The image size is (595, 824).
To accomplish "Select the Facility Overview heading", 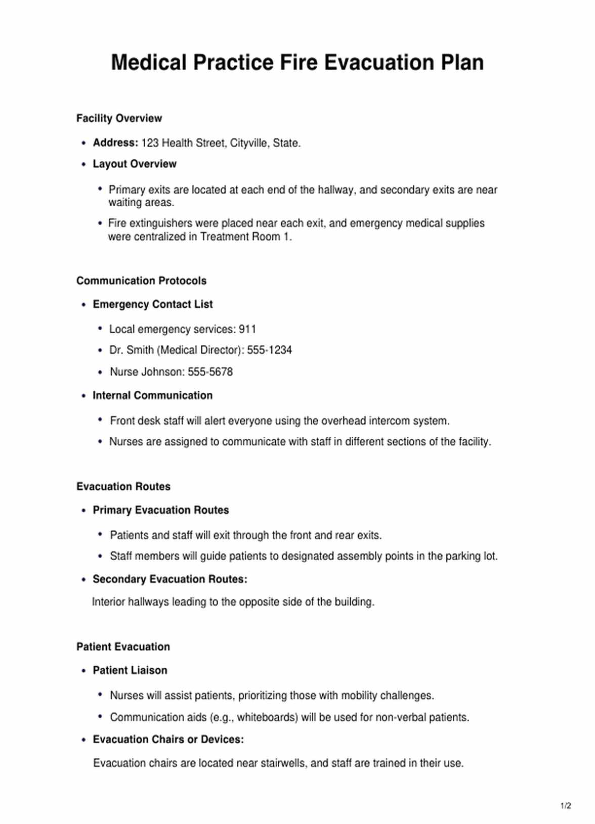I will [x=119, y=118].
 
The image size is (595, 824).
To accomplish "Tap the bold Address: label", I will [x=115, y=143].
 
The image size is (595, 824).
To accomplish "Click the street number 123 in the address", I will [x=150, y=143].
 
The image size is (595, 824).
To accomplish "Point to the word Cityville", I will [x=249, y=143].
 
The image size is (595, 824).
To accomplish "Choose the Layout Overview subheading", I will [x=135, y=164].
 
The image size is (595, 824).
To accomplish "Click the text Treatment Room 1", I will [x=246, y=237].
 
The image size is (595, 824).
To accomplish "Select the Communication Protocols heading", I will [x=142, y=281].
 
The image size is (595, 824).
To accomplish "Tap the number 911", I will [x=247, y=329].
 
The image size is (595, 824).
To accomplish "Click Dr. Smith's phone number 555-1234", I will [x=269, y=350].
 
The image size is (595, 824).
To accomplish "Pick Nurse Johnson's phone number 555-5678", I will [x=210, y=372].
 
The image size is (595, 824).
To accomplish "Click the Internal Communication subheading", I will [x=152, y=395].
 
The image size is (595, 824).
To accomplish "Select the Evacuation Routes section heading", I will [x=123, y=486].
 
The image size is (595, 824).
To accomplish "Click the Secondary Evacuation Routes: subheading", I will [x=170, y=579].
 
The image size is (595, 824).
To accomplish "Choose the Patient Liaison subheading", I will [x=130, y=670].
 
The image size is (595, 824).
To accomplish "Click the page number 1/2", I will [x=566, y=806].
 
